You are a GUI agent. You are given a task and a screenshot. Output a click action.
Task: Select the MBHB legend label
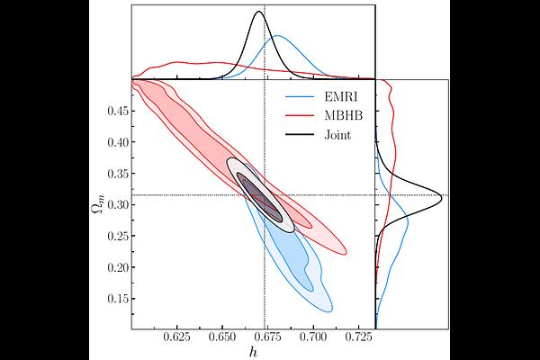click(340, 114)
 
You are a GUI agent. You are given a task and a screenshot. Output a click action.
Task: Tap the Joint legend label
click(337, 135)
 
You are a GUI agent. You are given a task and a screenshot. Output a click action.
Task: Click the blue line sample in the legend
click(299, 94)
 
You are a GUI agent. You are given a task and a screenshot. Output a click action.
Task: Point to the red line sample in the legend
click(299, 114)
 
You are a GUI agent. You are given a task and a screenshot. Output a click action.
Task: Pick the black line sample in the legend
click(299, 135)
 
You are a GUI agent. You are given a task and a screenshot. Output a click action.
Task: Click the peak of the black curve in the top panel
click(259, 12)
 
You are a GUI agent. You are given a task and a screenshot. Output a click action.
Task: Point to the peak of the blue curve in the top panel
click(277, 36)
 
